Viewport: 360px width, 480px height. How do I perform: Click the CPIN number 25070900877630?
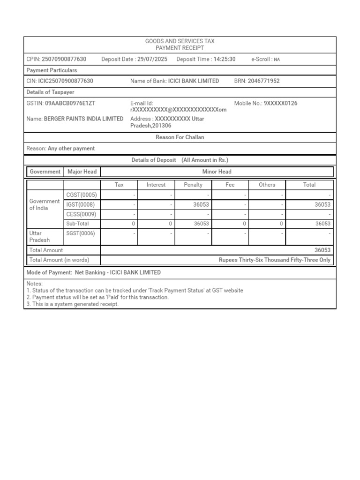[64, 59]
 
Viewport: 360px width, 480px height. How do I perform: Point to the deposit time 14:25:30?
[224, 59]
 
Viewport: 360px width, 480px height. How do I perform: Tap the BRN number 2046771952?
[263, 81]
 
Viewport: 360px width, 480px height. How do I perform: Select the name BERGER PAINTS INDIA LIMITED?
[83, 119]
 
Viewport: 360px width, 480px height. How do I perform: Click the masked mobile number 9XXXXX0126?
[280, 103]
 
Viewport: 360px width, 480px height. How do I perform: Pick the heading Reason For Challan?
[180, 137]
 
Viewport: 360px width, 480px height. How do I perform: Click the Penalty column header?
[193, 185]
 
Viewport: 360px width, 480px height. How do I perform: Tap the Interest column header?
[156, 185]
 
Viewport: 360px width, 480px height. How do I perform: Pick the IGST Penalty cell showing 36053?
[202, 205]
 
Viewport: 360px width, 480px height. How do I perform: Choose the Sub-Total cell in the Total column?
[322, 224]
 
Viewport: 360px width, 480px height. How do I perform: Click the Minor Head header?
[217, 172]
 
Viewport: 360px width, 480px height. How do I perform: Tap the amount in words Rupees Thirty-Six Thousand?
[274, 260]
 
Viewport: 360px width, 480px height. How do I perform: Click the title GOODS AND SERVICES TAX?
[180, 42]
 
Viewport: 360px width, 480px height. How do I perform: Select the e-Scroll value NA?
[277, 60]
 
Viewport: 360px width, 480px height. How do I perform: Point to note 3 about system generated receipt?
[73, 304]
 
